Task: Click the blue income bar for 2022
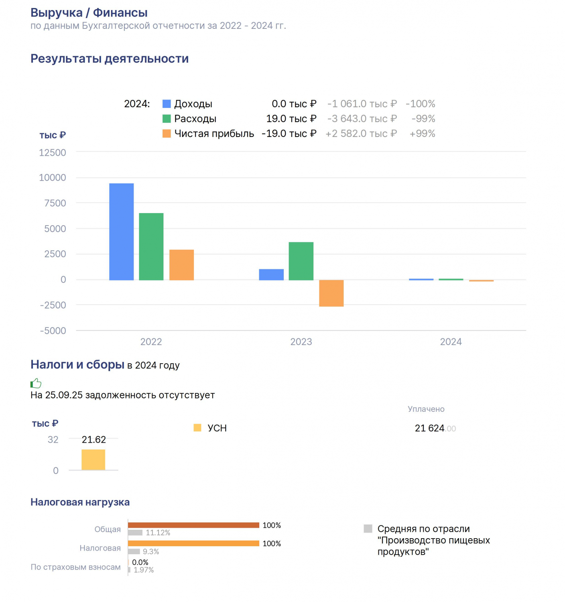[121, 232]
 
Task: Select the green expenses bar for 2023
[301, 261]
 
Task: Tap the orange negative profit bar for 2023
[331, 293]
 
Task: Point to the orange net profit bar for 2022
[181, 264]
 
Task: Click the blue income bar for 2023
[271, 275]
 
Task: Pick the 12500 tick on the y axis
[53, 153]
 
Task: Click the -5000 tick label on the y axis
[53, 330]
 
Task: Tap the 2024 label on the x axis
[451, 342]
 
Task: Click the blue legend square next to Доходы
[167, 104]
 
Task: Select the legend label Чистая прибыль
[214, 133]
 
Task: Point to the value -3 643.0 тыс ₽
[362, 118]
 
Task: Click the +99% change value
[422, 133]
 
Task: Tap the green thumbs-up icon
[36, 383]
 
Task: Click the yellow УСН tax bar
[93, 460]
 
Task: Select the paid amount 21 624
[429, 428]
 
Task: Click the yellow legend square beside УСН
[197, 428]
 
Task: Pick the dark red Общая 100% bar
[193, 525]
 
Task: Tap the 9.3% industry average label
[151, 551]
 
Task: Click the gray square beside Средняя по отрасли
[368, 529]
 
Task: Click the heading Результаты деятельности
[110, 59]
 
